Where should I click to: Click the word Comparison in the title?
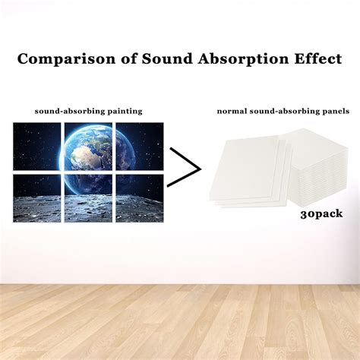(66, 59)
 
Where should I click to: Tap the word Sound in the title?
(167, 58)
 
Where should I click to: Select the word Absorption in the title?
(243, 59)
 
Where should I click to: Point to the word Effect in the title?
(318, 58)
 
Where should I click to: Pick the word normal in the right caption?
(232, 112)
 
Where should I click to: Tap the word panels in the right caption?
(336, 112)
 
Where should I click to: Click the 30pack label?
(321, 214)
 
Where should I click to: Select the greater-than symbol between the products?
(184, 167)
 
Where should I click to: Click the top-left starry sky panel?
(37, 147)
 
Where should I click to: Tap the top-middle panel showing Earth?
(88, 147)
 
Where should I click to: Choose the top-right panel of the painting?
(140, 147)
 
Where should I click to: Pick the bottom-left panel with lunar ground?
(37, 198)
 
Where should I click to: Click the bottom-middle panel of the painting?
(88, 198)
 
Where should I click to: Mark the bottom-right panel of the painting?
(140, 198)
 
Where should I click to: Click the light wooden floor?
(180, 322)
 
